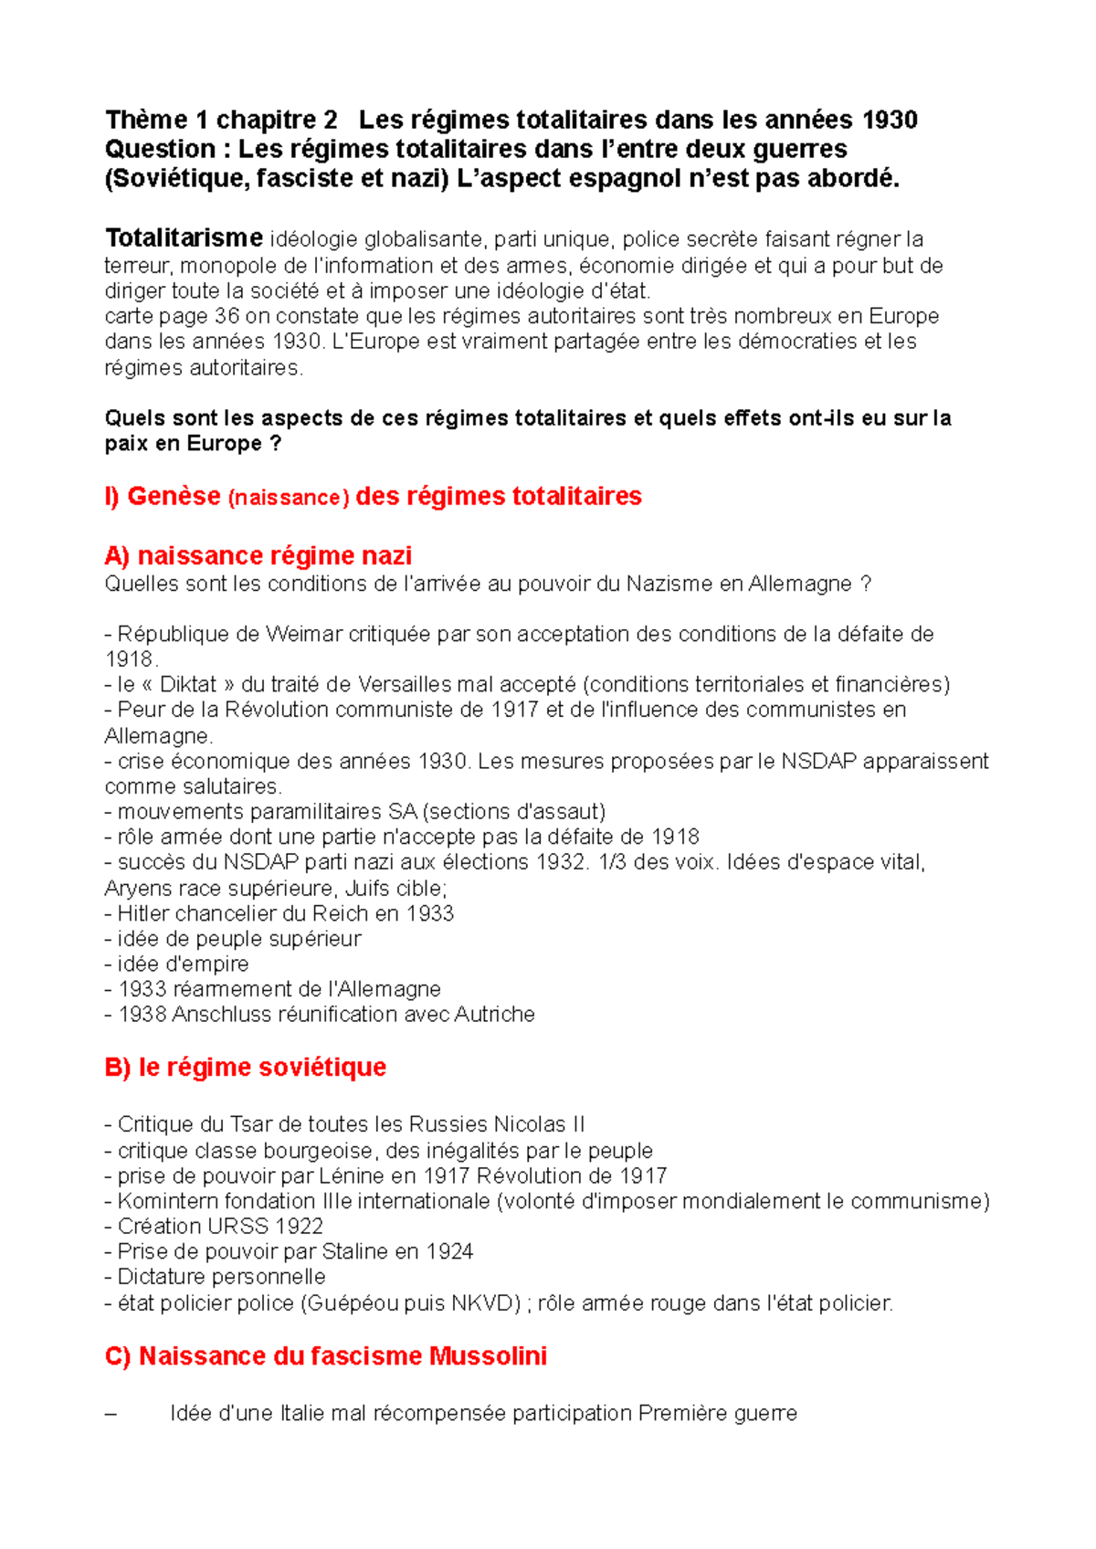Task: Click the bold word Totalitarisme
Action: [x=184, y=238]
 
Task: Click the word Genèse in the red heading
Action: [x=174, y=496]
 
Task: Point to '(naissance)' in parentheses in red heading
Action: [x=288, y=497]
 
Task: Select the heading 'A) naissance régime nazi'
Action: [x=258, y=555]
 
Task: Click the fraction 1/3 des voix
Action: [x=614, y=862]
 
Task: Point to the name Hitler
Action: [x=143, y=913]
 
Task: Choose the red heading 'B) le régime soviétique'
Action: [x=245, y=1067]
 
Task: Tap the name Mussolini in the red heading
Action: [x=488, y=1356]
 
